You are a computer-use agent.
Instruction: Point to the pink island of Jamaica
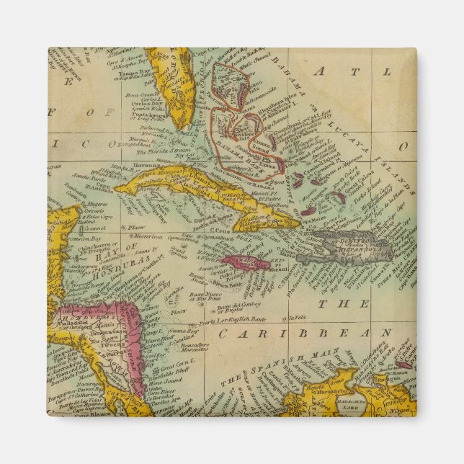(x=245, y=263)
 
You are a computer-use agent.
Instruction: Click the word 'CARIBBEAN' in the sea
(x=306, y=334)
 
